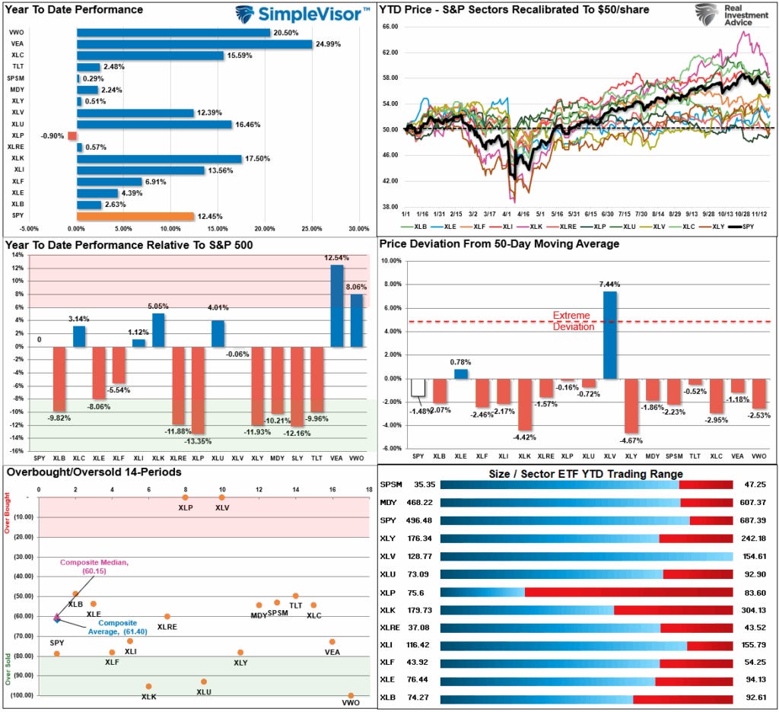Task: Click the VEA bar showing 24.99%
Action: (194, 44)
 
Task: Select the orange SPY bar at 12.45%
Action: (135, 216)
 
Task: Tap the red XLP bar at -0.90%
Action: (73, 136)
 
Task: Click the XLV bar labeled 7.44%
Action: (609, 335)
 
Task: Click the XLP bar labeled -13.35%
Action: (198, 390)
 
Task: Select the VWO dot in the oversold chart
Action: (351, 695)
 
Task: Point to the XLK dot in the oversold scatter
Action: (148, 686)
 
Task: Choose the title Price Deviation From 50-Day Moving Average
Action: (498, 244)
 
